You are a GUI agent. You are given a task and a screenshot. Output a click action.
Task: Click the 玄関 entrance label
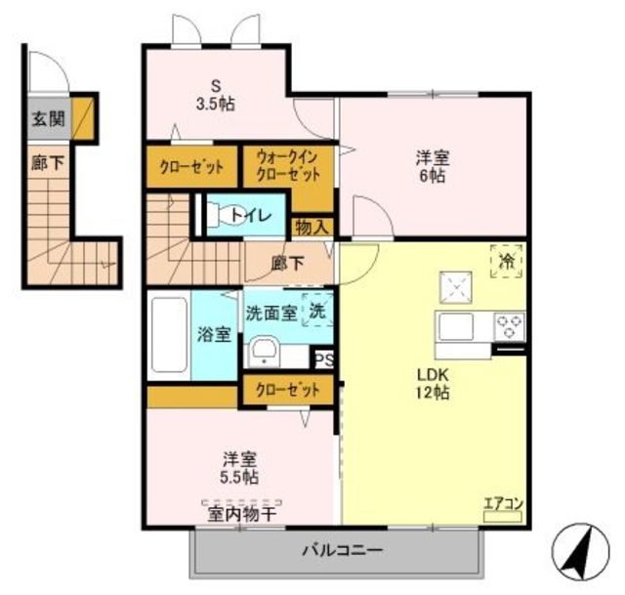coord(48,118)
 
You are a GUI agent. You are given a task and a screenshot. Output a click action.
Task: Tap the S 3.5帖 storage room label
coord(215,95)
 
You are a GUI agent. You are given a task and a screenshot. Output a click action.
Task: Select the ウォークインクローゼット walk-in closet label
coord(288,166)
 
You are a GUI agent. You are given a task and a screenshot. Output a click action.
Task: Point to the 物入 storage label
coord(312,228)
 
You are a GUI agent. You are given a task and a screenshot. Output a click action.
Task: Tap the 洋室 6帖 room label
coord(433,167)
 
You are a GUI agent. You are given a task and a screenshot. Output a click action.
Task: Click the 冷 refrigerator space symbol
coord(506,261)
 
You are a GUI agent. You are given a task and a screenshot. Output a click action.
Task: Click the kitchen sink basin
coord(456,326)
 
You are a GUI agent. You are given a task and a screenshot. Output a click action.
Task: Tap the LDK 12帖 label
coord(433,384)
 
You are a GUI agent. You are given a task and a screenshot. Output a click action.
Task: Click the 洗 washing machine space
coord(317,310)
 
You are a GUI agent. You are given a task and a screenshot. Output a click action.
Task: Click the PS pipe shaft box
coord(324,361)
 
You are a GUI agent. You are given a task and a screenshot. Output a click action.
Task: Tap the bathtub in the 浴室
coord(169,335)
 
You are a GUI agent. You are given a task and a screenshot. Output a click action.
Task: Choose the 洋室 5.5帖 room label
coord(239,468)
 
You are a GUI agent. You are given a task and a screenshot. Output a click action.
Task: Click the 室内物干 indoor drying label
coord(241,514)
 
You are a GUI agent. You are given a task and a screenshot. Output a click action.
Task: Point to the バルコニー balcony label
coord(343,551)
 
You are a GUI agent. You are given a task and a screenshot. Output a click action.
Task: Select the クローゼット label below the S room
coord(191,167)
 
